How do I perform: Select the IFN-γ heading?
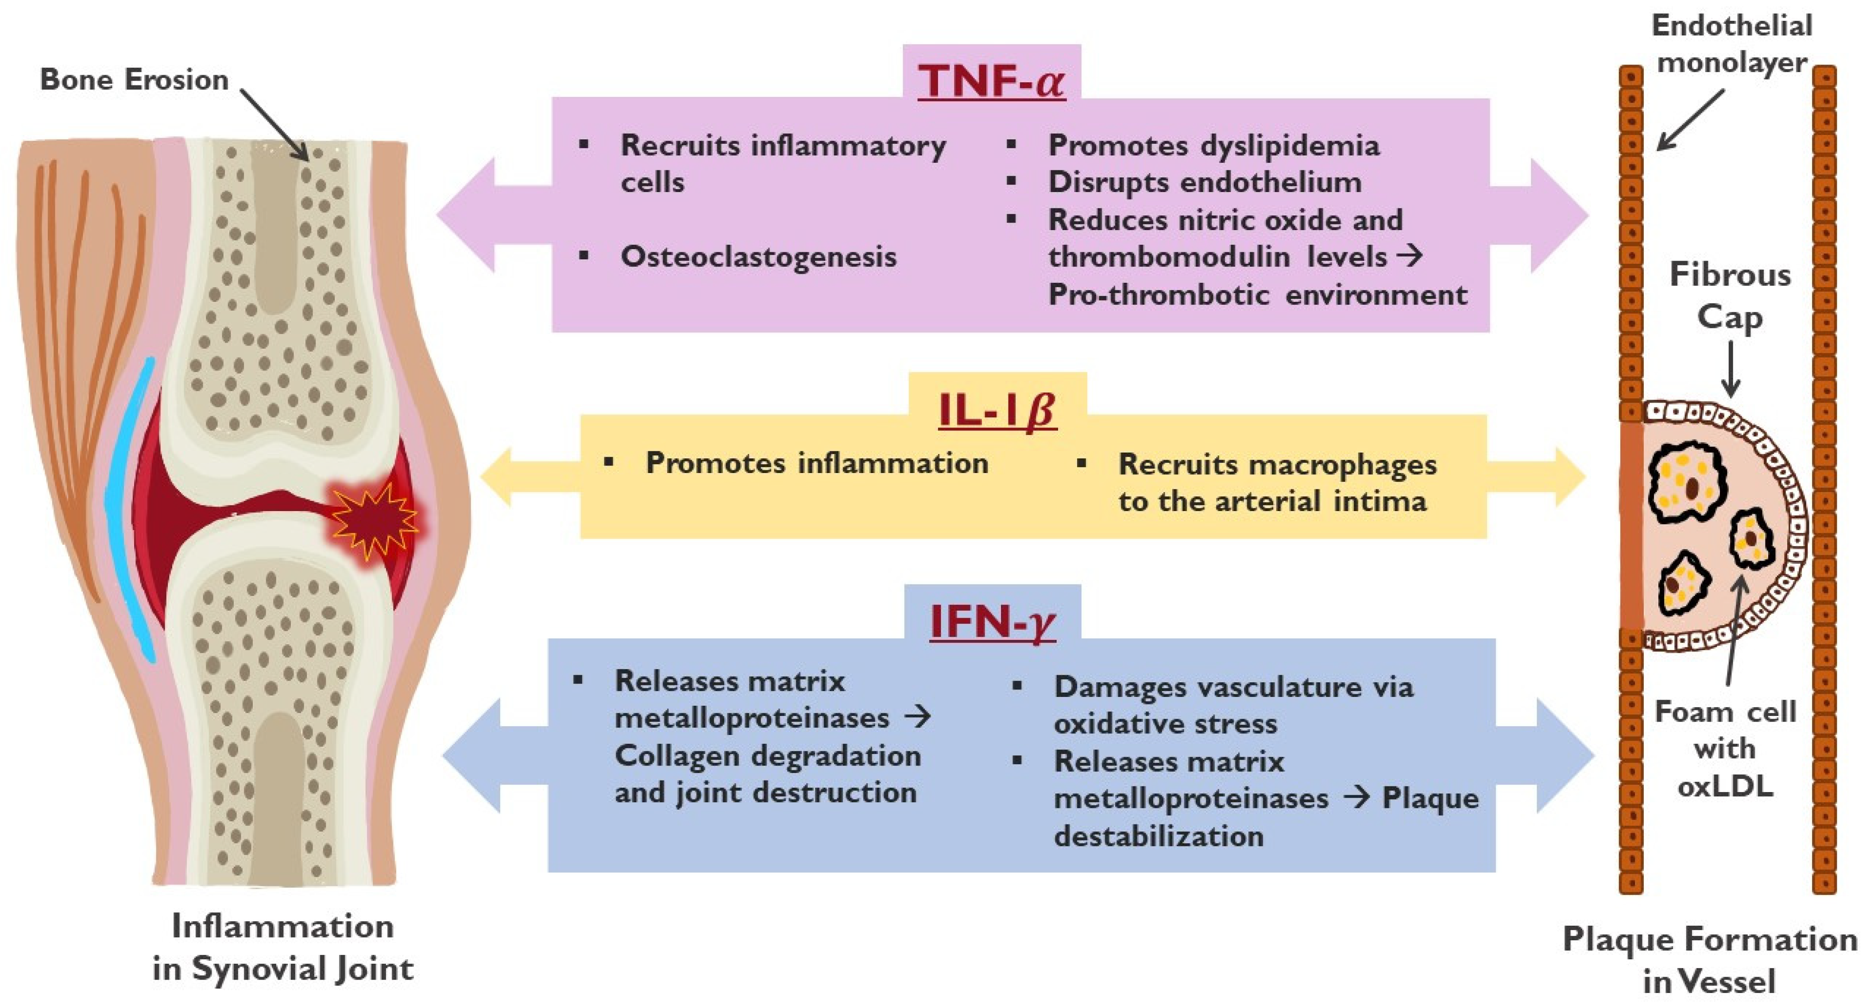click(x=993, y=622)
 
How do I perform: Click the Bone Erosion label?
click(x=134, y=79)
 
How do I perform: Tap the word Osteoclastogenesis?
click(x=759, y=257)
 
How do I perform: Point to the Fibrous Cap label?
click(x=1730, y=296)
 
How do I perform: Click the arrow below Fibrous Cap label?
click(x=1731, y=370)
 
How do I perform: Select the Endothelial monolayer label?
click(x=1732, y=43)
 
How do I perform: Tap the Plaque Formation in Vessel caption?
click(x=1710, y=960)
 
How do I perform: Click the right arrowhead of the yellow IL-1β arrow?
click(x=1568, y=477)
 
